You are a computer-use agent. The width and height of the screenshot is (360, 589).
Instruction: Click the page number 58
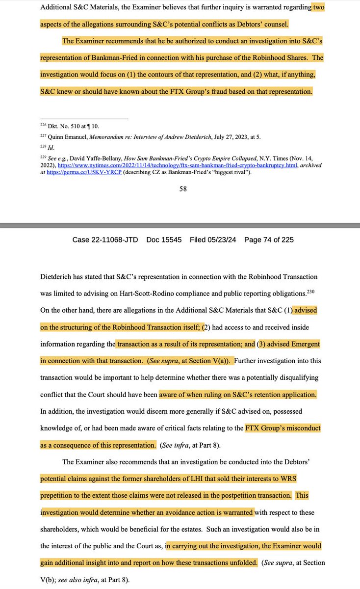(x=182, y=189)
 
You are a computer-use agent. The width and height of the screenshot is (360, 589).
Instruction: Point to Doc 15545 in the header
(x=164, y=240)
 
